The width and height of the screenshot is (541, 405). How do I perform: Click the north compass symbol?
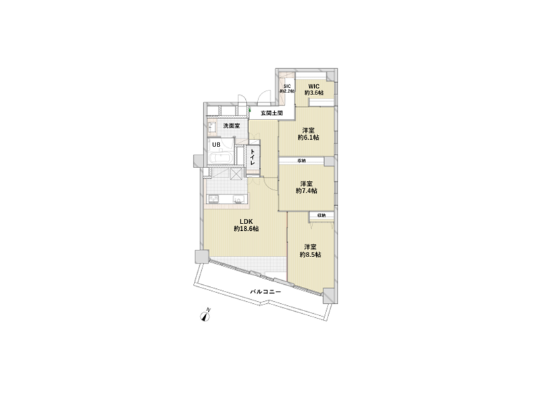coord(207,314)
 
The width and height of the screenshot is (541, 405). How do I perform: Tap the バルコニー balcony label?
coord(264,292)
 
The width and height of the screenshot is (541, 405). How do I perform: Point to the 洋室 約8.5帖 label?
coord(311,250)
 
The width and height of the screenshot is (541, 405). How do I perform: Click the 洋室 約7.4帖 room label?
coord(306,187)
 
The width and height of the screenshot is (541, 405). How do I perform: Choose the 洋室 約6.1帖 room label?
coord(308,133)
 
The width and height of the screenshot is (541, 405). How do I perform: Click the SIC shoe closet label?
coord(286,88)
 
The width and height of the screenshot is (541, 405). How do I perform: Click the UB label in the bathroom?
coord(216,144)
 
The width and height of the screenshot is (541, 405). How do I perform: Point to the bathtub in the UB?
coord(220,158)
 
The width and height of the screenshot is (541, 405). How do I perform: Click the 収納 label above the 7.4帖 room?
coord(301,161)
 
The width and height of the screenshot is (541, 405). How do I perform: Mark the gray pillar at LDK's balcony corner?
coord(201,257)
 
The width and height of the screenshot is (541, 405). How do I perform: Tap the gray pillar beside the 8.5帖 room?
coord(328,295)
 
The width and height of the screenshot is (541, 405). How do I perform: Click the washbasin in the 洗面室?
coord(211,127)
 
